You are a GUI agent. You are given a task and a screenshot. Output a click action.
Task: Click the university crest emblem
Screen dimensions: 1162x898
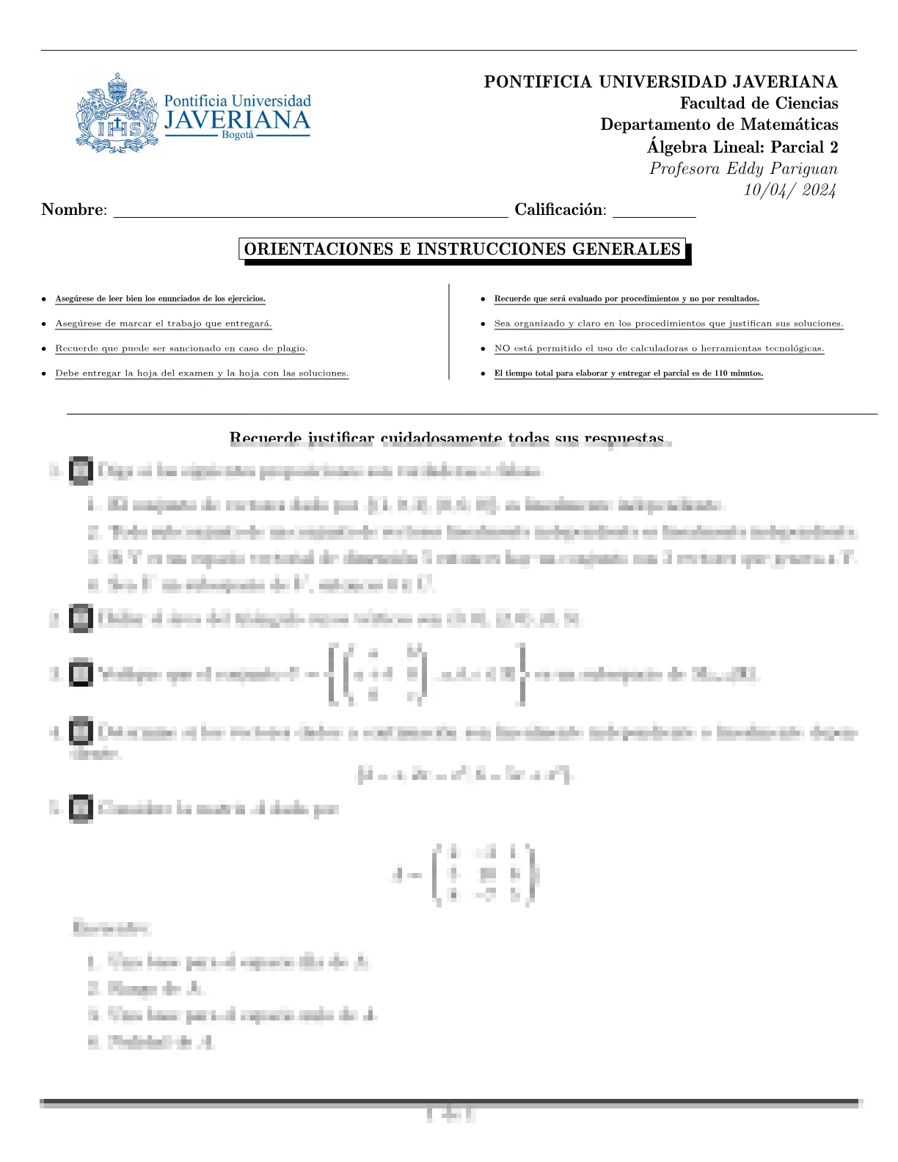[117, 113]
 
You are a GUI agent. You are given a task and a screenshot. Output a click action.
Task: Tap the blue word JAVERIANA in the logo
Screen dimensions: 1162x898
[236, 120]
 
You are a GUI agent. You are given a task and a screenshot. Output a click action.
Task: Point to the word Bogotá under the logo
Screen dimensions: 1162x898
[237, 136]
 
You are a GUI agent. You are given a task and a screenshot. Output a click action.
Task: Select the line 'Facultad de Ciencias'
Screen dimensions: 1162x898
[759, 103]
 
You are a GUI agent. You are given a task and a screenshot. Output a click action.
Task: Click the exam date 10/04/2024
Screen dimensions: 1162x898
[789, 190]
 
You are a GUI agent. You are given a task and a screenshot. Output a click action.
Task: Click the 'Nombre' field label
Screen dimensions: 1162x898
[73, 210]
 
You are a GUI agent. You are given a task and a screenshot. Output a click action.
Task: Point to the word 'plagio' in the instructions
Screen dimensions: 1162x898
[291, 348]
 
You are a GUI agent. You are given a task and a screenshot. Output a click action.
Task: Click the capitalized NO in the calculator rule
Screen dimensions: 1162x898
[502, 348]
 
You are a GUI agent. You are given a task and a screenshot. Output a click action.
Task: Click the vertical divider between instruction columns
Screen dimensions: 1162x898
[448, 332]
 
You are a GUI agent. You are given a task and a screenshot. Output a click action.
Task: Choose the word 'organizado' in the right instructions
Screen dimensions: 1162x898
[539, 324]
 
